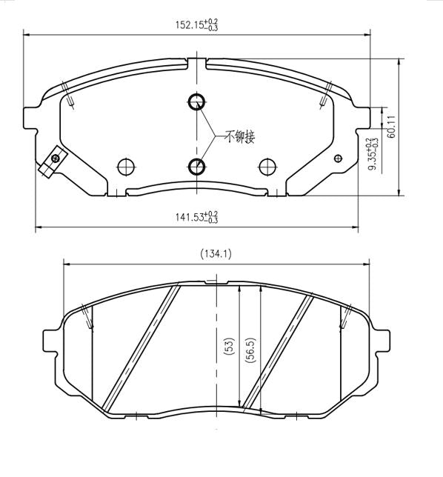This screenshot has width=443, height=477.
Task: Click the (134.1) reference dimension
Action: tap(216, 253)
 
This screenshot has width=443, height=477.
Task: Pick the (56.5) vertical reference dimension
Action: tap(250, 347)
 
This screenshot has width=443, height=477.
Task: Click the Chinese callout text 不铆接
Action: tap(240, 136)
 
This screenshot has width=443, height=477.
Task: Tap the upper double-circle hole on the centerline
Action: tap(196, 102)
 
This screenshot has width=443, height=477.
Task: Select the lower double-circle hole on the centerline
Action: tap(196, 165)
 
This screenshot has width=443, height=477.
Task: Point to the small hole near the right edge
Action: tap(339, 157)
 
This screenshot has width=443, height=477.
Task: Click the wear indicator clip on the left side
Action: tap(53, 162)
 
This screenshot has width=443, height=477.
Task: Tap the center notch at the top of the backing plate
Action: tap(196, 62)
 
